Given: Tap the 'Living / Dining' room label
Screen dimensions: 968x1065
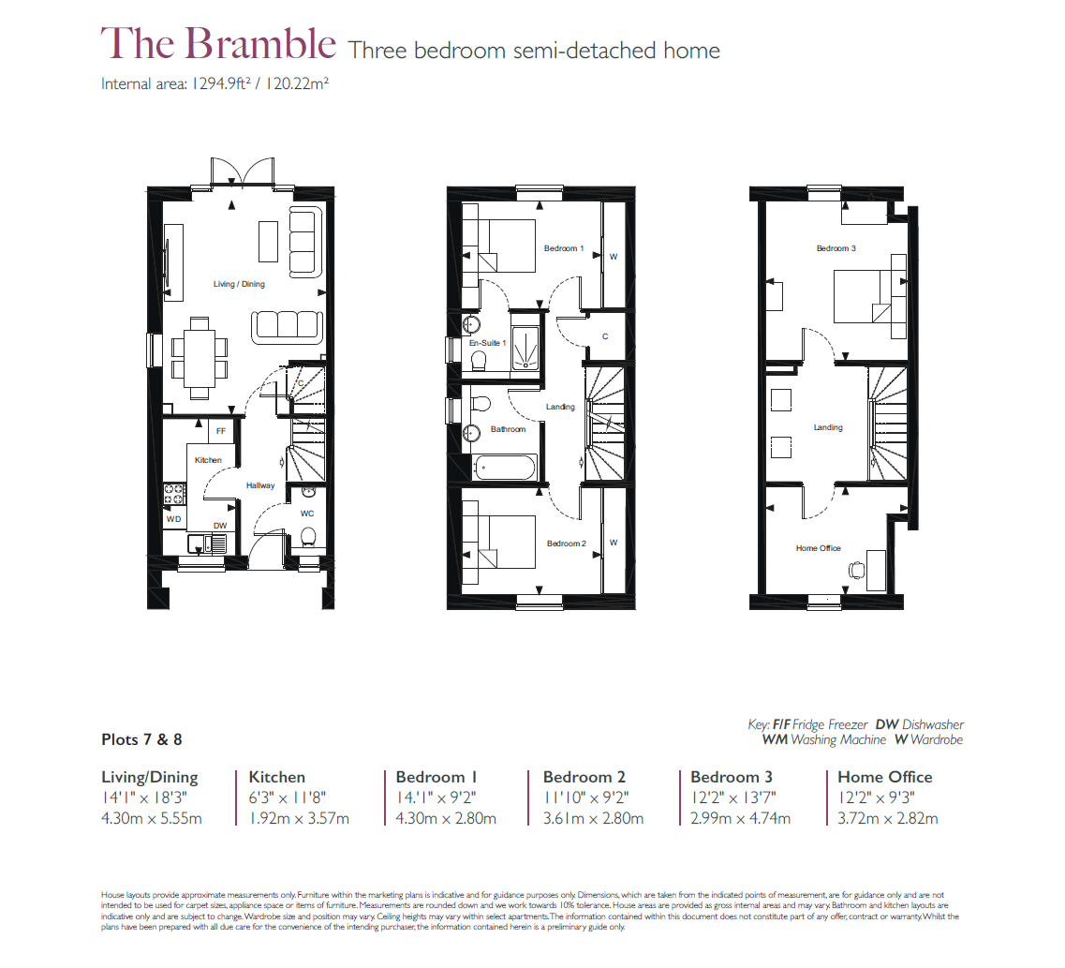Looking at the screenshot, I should tap(239, 284).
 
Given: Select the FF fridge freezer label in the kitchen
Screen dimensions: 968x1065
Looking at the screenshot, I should tap(221, 431).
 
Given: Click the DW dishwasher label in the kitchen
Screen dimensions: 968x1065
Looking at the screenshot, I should tap(219, 526).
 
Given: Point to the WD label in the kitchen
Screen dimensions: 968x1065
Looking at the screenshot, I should tap(173, 518).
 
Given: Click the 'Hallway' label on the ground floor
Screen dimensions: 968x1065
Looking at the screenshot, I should tap(260, 485).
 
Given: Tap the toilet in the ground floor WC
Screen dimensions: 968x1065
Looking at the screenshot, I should tap(307, 537).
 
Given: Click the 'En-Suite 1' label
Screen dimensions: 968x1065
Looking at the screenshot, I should tap(487, 344).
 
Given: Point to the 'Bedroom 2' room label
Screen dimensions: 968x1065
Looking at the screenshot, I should tap(566, 544).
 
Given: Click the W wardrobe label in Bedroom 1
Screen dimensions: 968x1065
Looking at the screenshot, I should tap(614, 256).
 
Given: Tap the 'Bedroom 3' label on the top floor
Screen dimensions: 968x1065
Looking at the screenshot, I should tap(836, 248).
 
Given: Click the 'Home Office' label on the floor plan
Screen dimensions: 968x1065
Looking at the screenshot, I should tap(818, 548).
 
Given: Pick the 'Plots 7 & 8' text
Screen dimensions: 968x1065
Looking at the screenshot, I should tap(141, 739).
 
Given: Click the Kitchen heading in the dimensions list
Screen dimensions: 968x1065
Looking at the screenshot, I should tap(276, 777).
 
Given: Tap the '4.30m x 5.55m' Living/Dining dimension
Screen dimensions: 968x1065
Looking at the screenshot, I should tap(151, 818).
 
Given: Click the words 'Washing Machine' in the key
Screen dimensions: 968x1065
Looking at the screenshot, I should tap(838, 739).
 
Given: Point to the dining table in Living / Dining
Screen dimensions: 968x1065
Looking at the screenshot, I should tap(198, 351).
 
